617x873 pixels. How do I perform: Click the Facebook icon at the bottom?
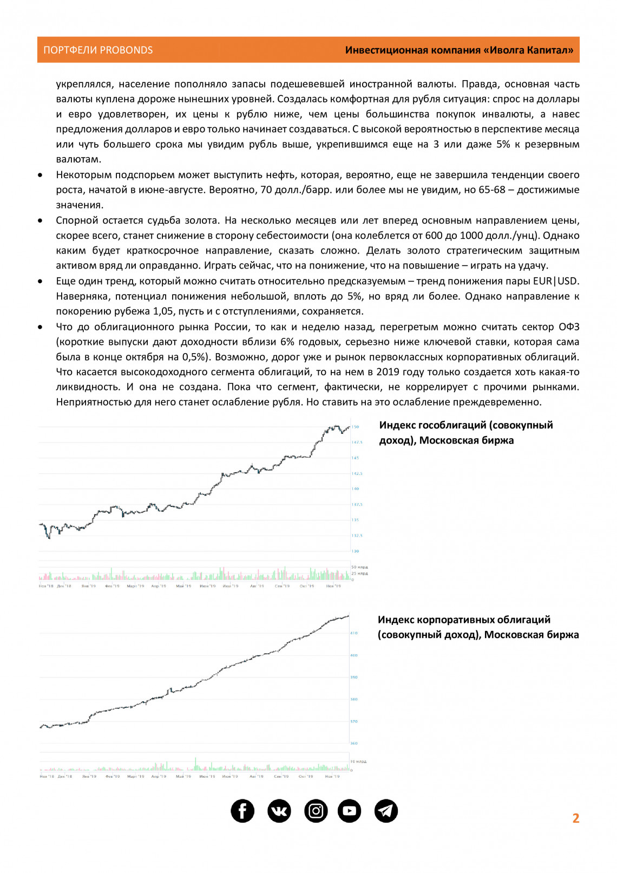(x=242, y=811)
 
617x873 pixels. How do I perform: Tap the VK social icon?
(x=279, y=811)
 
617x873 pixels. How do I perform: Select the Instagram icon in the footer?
(x=316, y=811)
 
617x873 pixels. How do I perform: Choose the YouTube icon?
(x=350, y=811)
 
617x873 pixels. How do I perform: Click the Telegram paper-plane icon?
(x=386, y=811)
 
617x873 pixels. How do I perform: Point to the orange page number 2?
(x=576, y=818)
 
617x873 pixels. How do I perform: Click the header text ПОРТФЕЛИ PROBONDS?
(x=98, y=50)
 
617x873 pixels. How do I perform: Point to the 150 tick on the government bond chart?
(x=356, y=427)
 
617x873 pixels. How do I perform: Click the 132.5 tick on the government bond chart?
(x=357, y=536)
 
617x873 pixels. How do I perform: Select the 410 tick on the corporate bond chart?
(x=354, y=633)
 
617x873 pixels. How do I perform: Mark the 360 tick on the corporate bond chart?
(x=354, y=744)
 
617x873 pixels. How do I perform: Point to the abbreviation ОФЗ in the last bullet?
(x=569, y=327)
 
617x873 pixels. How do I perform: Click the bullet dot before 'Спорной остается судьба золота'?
(x=41, y=221)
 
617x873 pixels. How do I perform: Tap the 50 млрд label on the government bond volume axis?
(x=359, y=567)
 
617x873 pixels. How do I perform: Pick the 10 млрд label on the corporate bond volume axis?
(x=358, y=761)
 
